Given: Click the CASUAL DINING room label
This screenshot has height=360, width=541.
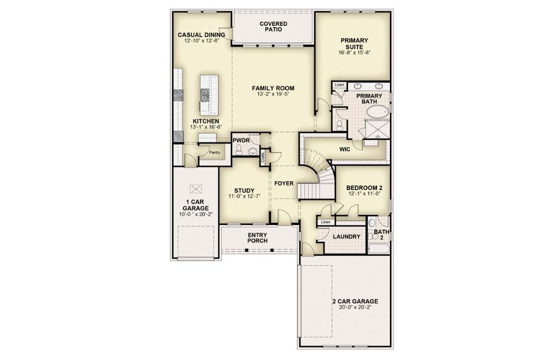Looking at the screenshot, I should coord(201,35).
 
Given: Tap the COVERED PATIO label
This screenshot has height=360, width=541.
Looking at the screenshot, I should coord(273,26).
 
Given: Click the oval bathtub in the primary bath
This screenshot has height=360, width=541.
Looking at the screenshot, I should coord(377,112).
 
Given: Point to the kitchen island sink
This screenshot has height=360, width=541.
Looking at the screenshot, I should coord(205,94).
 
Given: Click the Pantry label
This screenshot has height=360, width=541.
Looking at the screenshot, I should coord(214,152).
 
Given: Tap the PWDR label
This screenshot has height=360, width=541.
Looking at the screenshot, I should coord(241,140).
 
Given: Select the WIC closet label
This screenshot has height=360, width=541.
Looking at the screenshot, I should coord(345,148).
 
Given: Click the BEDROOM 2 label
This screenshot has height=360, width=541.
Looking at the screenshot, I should coord(365,187).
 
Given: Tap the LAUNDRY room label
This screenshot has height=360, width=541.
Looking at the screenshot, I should coord(347,236).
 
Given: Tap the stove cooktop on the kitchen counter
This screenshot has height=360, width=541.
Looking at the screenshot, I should coord(178,94).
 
